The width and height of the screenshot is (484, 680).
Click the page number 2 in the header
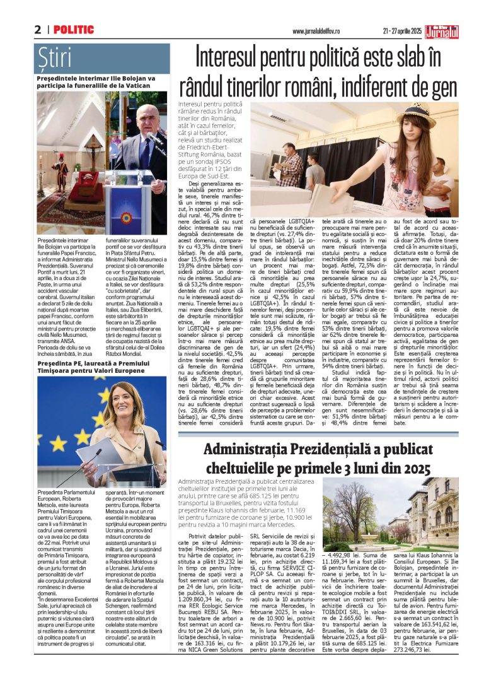(x=38, y=30)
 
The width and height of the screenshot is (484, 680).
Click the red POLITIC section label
(x=74, y=30)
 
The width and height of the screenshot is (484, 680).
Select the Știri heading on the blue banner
(x=55, y=57)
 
